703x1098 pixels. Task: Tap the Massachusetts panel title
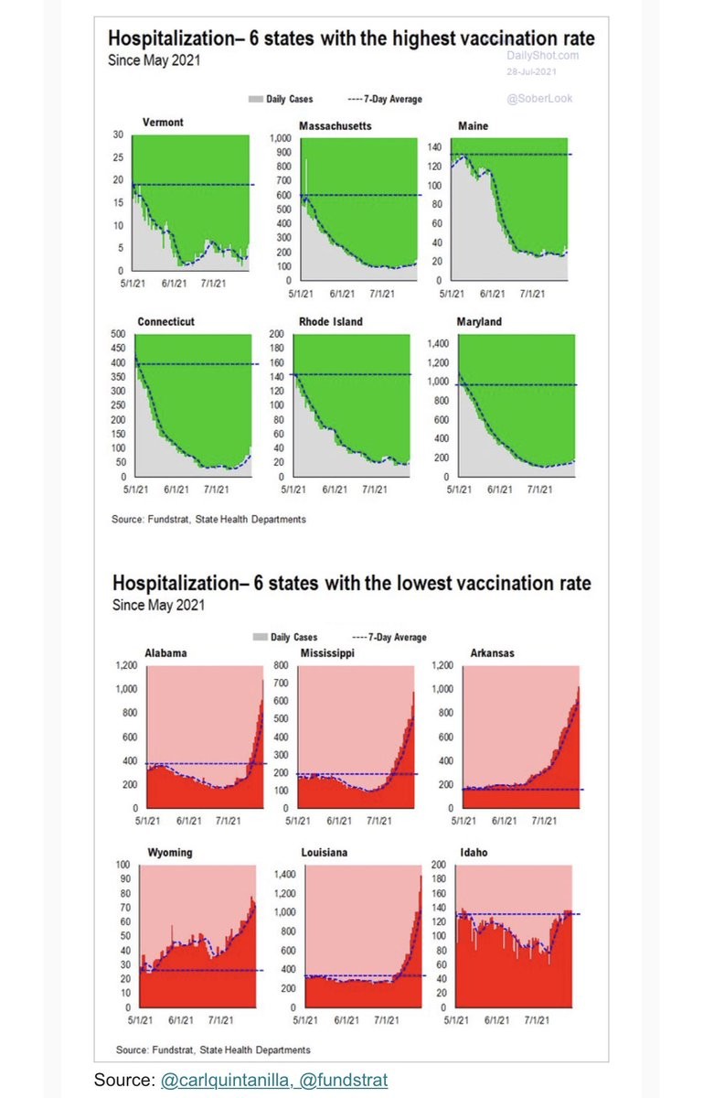[335, 125]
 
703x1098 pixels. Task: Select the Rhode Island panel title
[331, 322]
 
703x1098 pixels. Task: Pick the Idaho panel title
[474, 853]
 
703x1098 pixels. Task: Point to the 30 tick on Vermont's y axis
[118, 135]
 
